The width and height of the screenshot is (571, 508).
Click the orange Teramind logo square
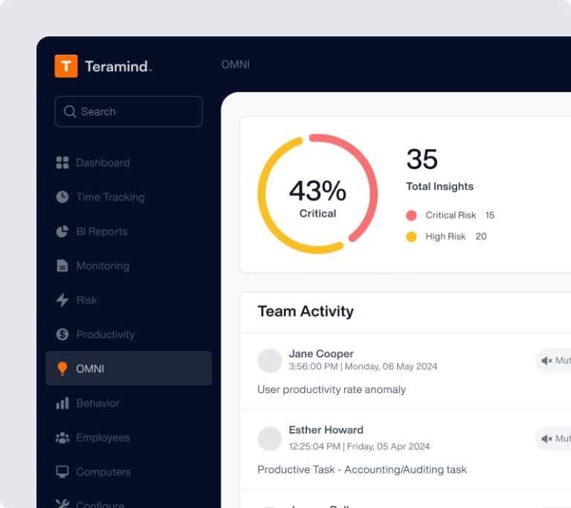[x=66, y=66]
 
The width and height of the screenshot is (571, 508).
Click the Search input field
[x=129, y=111]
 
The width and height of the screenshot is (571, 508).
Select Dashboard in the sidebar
[x=103, y=163]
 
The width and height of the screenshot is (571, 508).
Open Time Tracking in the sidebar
[x=110, y=197]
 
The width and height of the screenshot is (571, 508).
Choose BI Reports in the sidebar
[x=101, y=232]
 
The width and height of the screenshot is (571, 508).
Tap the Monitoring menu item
[x=103, y=266]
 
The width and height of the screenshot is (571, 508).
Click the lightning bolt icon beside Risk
[x=62, y=300]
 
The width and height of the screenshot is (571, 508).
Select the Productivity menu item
[x=105, y=334]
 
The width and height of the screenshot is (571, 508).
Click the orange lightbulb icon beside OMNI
[x=62, y=368]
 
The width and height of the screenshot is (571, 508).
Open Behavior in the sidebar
[x=97, y=403]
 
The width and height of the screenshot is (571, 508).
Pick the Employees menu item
[x=103, y=437]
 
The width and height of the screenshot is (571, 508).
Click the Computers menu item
[x=104, y=472]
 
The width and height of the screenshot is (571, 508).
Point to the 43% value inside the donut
[x=317, y=191]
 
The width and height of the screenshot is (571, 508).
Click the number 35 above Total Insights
[x=422, y=160]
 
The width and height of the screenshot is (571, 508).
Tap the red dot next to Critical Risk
[x=411, y=215]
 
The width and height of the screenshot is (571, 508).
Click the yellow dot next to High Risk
[x=411, y=237]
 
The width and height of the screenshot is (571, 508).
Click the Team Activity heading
[x=306, y=311]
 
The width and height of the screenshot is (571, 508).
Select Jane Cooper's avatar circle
[x=269, y=360]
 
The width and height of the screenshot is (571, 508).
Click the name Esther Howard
[x=326, y=430]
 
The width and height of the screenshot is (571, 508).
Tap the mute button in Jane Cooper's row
[x=555, y=361]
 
